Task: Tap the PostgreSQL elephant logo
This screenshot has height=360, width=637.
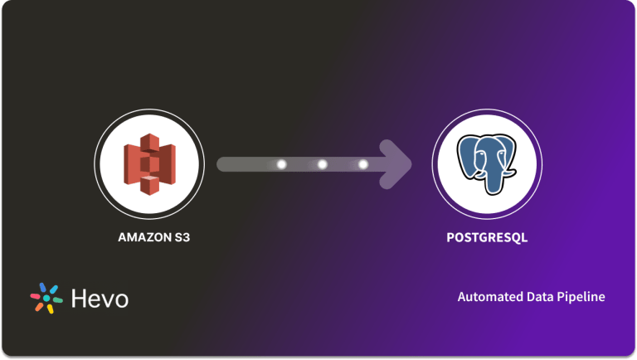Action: pos(487,163)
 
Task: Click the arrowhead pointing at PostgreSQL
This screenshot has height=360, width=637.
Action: pos(398,164)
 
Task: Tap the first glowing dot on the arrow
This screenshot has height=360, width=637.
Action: pos(281,164)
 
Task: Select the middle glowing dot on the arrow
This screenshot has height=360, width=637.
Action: pos(323,164)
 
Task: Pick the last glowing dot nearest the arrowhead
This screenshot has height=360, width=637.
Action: pos(362,164)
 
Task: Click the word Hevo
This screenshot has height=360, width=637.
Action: pos(100,298)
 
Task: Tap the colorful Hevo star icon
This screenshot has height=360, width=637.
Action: pos(47,298)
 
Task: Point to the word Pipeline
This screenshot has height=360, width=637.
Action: pos(581,296)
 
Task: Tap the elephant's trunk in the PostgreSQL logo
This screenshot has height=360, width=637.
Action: pos(495,178)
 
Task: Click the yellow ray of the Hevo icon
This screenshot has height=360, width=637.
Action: pos(50,309)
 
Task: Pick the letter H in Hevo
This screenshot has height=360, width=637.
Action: pos(78,298)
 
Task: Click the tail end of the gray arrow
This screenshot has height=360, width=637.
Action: pos(222,164)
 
